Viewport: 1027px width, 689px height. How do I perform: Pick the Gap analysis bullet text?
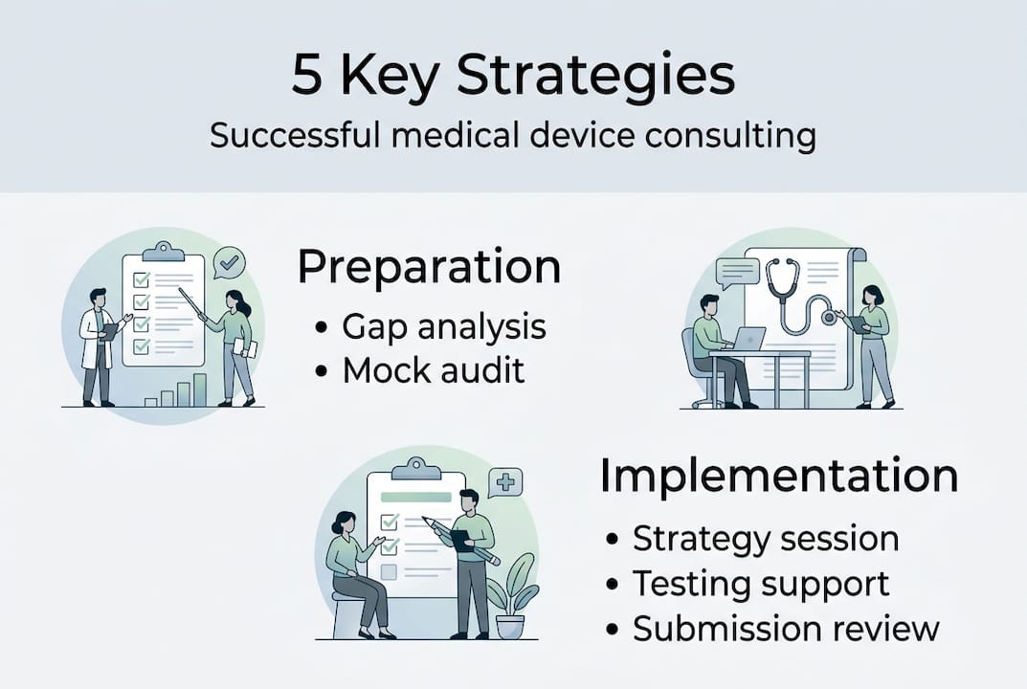[444, 326]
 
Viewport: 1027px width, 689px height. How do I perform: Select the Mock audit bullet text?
[434, 370]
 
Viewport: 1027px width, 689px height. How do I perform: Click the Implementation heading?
[778, 476]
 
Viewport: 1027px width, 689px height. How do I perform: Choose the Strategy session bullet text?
[765, 538]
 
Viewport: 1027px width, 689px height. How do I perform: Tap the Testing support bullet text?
[760, 583]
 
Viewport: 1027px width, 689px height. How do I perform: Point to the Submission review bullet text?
[785, 628]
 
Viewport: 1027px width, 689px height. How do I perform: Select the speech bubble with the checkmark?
[229, 261]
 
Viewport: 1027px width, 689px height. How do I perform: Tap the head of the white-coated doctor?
[98, 298]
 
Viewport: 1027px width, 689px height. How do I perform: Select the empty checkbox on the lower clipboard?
[389, 572]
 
